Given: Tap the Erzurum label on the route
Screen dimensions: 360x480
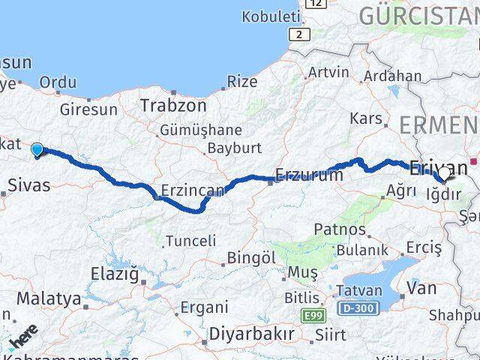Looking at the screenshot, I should point(309,175).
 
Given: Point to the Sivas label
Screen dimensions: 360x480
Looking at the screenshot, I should point(29,184).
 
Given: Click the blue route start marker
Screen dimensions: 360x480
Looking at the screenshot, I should point(37,151).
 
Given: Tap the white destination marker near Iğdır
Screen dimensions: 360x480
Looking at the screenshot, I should point(443,174).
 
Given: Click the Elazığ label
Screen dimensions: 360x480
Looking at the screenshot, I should point(115,274).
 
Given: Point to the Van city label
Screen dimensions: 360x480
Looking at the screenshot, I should point(421,286).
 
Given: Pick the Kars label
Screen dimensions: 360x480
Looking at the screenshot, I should point(366,118).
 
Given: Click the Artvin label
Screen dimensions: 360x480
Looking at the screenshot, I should point(328,73).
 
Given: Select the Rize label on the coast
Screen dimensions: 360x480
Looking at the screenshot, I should point(242,82).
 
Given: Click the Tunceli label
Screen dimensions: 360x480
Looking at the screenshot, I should point(190,241).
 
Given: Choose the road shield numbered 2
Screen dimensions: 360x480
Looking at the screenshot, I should point(301,34).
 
